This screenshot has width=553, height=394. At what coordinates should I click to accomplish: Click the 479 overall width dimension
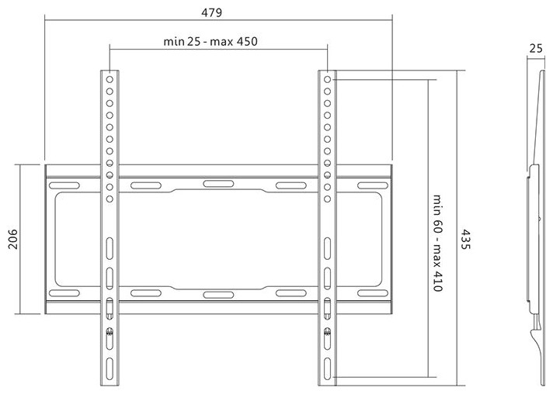(x=211, y=12)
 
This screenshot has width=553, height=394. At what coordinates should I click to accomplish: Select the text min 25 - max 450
(x=210, y=42)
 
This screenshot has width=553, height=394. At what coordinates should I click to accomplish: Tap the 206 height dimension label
(x=12, y=239)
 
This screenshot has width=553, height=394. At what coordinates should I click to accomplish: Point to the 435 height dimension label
(x=466, y=240)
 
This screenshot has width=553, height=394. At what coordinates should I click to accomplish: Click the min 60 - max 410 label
(x=437, y=243)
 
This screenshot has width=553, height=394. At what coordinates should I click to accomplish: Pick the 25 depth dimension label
(x=536, y=48)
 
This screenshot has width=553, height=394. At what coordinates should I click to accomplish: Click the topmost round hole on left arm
(x=110, y=80)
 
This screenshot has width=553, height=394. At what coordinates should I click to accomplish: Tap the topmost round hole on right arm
(x=327, y=80)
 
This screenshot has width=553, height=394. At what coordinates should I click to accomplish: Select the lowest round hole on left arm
(x=110, y=199)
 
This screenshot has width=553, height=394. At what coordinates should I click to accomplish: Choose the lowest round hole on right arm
(x=327, y=199)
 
